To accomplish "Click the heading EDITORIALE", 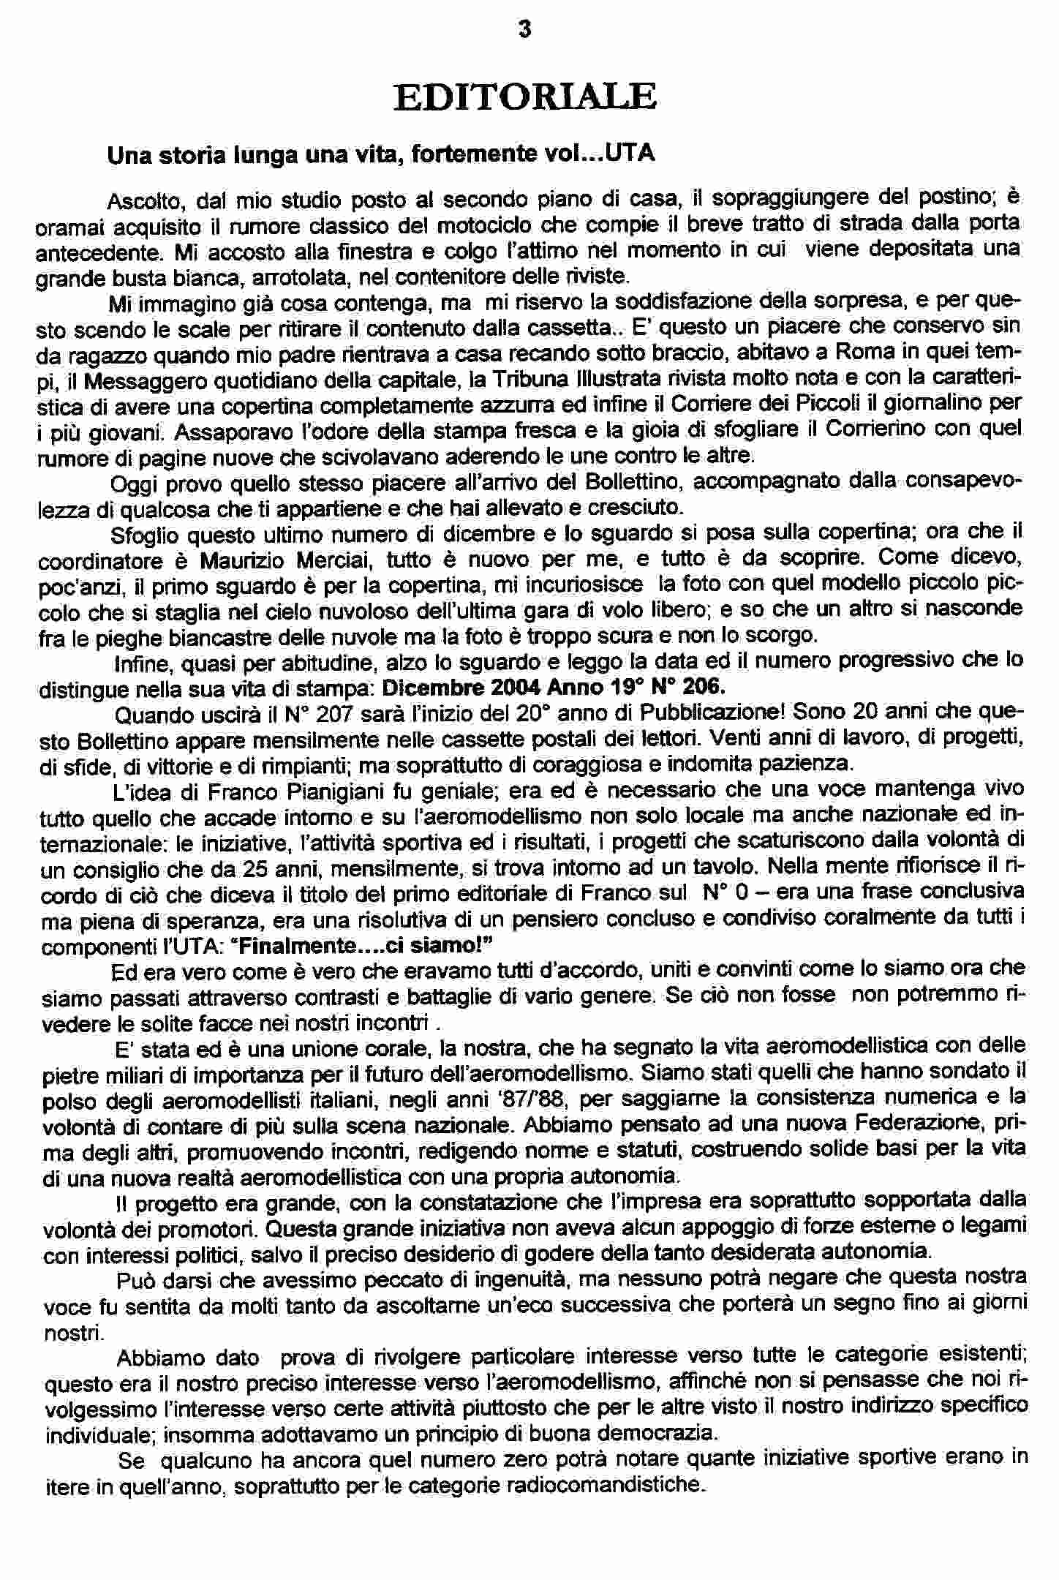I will [524, 98].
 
